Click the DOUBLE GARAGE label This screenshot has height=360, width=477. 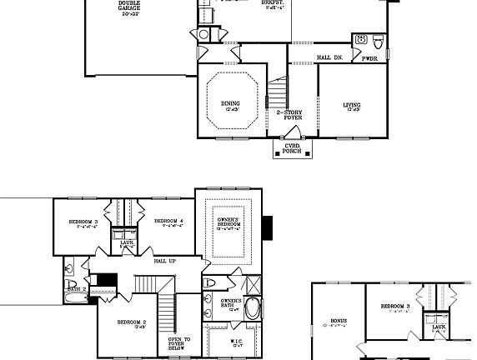(129, 8)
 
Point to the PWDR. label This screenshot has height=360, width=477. (369, 58)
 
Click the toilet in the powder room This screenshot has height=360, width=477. (377, 40)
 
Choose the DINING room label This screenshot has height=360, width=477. (230, 105)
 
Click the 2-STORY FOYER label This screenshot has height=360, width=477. (289, 115)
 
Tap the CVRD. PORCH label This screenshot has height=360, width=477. (293, 148)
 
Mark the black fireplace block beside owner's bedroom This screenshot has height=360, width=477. (268, 226)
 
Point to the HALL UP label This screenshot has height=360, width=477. (164, 261)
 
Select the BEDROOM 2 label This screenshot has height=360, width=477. (132, 322)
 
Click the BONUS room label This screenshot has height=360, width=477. (338, 321)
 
